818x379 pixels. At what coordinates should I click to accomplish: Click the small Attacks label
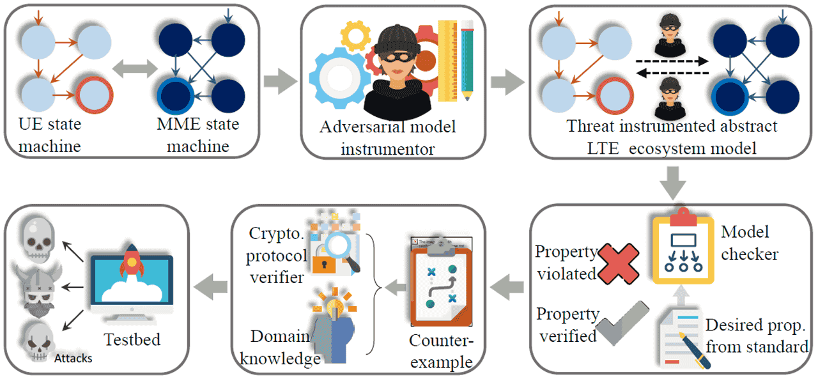tap(73, 359)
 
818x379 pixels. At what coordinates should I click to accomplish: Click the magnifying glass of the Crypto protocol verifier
tap(345, 245)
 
